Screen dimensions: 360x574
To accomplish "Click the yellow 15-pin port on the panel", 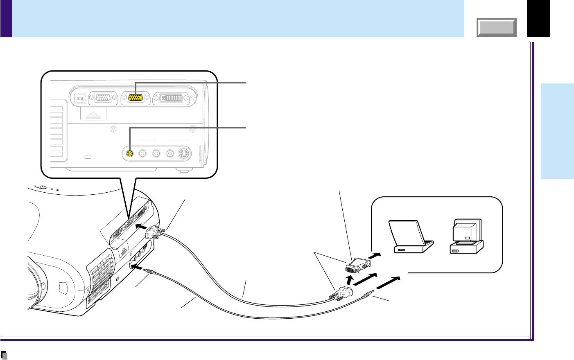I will pos(136,97).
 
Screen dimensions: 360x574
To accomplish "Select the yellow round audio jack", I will pos(129,153).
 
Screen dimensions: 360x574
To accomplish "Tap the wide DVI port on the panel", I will pos(172,97).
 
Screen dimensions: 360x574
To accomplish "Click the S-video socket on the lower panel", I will pos(184,153).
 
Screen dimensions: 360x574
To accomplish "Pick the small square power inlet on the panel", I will pos(80,98).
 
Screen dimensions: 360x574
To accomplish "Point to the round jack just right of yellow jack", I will pos(142,153).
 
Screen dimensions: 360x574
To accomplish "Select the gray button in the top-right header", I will pos(497,27).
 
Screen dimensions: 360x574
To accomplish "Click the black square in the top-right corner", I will pos(538,18).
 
